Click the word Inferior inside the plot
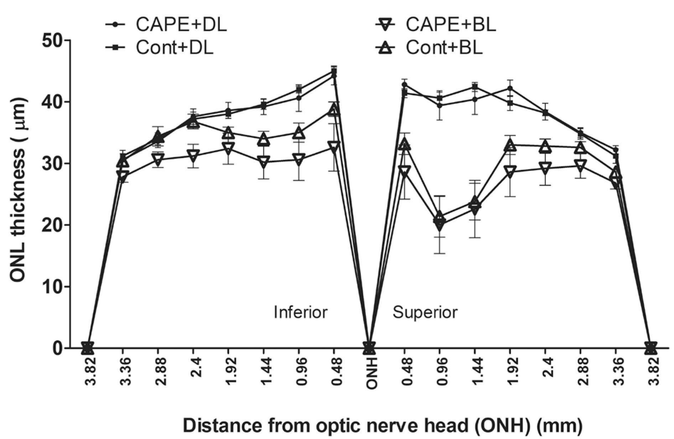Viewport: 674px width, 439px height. [x=300, y=312]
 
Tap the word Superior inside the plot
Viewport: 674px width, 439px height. [x=425, y=312]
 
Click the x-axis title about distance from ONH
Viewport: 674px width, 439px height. [x=383, y=426]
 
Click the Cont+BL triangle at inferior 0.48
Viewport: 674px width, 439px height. [x=334, y=110]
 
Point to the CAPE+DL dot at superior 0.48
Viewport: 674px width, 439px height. [x=404, y=85]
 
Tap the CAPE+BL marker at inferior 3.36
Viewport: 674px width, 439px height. [x=122, y=176]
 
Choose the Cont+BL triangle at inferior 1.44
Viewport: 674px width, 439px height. [x=264, y=139]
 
